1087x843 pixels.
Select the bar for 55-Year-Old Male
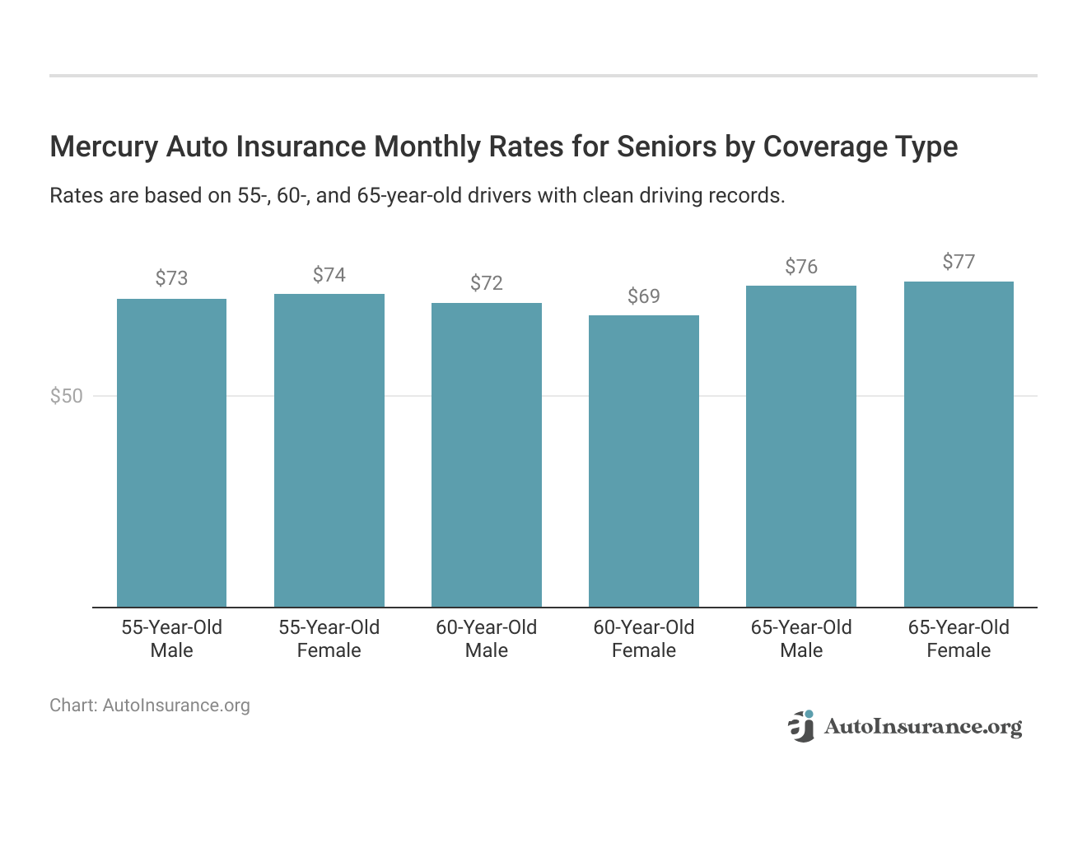(x=171, y=453)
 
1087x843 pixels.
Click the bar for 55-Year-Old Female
(x=329, y=450)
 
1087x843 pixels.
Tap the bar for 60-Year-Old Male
(x=487, y=454)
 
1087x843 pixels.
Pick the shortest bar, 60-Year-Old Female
(x=644, y=461)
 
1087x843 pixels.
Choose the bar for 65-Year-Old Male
(x=801, y=446)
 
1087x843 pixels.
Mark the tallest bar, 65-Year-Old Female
(x=959, y=445)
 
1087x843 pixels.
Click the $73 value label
(x=171, y=278)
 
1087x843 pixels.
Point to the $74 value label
(x=329, y=274)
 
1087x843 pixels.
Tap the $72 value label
(x=487, y=283)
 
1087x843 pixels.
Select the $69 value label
(x=644, y=296)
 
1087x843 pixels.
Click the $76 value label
(x=801, y=267)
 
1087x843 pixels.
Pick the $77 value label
(x=959, y=262)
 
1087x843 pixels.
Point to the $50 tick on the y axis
(x=67, y=396)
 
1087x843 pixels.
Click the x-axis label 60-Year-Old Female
(x=644, y=639)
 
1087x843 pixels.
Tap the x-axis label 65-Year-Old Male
(x=801, y=639)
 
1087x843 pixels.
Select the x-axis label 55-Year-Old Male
(x=171, y=639)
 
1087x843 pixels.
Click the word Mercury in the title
(x=104, y=147)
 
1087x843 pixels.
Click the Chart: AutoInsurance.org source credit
(x=150, y=706)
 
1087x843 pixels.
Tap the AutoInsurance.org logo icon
(x=801, y=726)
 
